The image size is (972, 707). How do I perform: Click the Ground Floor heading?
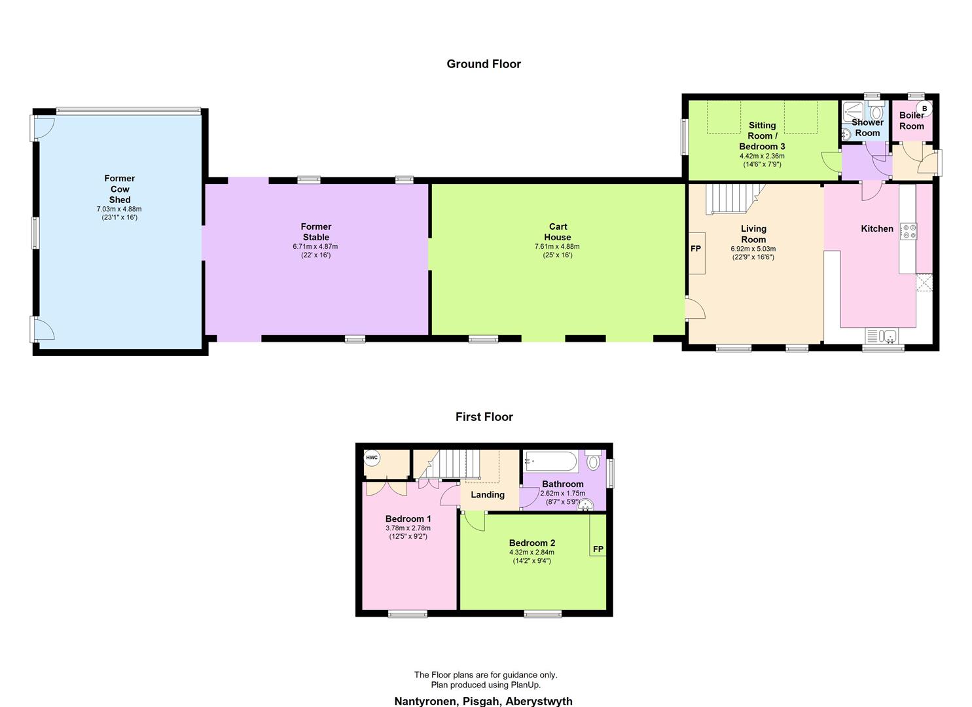tap(484, 64)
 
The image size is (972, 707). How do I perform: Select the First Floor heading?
tap(484, 417)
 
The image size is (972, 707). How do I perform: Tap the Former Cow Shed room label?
tap(120, 189)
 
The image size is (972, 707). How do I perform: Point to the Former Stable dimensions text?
tap(315, 251)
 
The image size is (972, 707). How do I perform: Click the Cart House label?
tap(558, 232)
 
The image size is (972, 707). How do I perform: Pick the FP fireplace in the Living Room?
tap(696, 249)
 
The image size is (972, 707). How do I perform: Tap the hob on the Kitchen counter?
tap(909, 232)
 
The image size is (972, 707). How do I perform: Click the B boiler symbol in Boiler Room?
tap(924, 108)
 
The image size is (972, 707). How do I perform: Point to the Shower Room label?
tap(867, 128)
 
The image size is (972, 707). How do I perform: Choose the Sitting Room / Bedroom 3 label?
tap(762, 136)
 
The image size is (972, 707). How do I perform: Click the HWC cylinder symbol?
tap(372, 458)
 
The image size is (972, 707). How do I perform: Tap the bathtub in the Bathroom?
tap(550, 461)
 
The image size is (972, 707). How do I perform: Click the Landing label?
tap(488, 495)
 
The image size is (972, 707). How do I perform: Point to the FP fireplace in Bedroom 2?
tap(598, 549)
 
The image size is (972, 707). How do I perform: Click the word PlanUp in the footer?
tap(524, 685)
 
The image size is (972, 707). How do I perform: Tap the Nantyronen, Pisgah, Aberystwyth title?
tap(483, 701)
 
